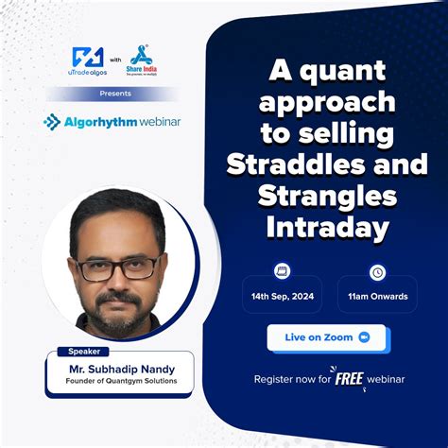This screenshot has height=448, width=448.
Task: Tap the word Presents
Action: pos(114,94)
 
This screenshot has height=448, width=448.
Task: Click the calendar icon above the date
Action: pos(282,271)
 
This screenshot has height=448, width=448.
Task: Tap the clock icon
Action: pos(377,272)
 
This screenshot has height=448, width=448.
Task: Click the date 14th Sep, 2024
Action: pos(282,297)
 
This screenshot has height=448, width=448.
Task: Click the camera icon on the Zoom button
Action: pos(363,337)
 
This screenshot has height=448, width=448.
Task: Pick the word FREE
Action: pos(350,379)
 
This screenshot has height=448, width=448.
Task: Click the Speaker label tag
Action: pos(85,351)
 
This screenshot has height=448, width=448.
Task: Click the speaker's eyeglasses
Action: pos(119,267)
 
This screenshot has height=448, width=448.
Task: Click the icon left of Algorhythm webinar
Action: pos(52,122)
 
